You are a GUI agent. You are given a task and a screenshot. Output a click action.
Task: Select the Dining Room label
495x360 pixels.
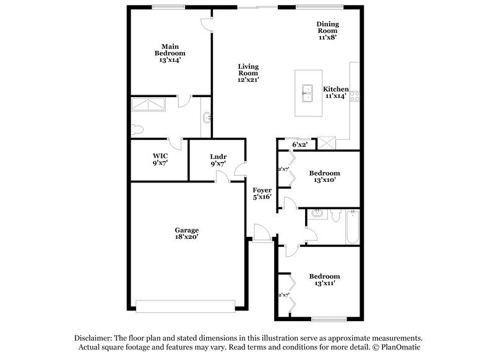(x=328, y=30)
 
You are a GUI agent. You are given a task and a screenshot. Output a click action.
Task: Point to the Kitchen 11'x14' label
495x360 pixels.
(x=335, y=93)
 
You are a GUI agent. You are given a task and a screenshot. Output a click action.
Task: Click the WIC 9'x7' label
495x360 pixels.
(x=160, y=159)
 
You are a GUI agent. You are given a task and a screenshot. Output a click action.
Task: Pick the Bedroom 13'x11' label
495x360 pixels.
(x=325, y=280)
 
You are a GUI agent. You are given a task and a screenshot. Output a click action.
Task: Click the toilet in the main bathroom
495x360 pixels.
(x=137, y=130)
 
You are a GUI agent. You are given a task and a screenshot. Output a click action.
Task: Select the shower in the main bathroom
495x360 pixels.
(x=148, y=105)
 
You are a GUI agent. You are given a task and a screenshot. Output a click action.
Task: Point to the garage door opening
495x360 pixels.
(x=186, y=305)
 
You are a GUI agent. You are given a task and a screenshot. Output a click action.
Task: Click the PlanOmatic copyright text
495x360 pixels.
(x=397, y=348)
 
